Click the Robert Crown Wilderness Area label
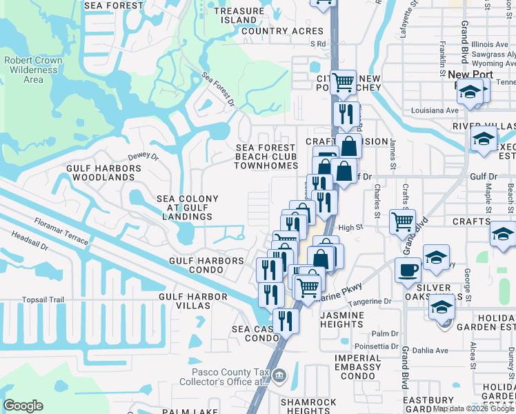(33, 70)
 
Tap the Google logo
(23, 406)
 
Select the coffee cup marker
(408, 269)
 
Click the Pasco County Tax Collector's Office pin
(279, 376)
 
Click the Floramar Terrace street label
(61, 231)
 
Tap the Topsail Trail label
(43, 299)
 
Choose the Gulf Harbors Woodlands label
(100, 172)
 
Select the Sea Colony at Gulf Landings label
(188, 208)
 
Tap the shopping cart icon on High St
(403, 222)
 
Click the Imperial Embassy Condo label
(357, 362)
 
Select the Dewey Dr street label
(143, 156)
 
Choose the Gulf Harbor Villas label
(193, 301)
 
